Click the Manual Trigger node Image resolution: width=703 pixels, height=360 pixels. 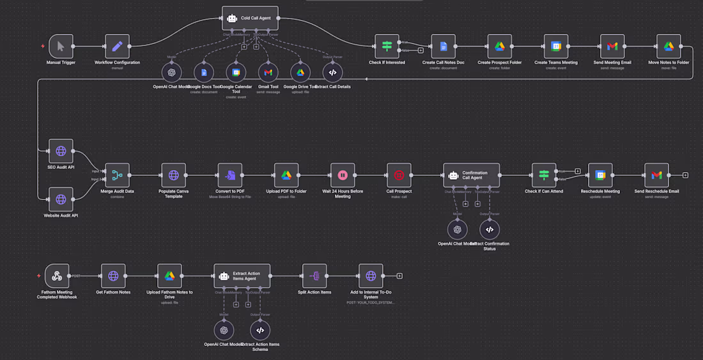(61, 46)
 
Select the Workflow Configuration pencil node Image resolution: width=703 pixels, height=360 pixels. (117, 46)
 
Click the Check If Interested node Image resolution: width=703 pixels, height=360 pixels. (387, 46)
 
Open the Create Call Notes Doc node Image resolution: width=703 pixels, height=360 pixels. (443, 46)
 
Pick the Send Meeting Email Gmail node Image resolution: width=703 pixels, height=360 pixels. (612, 46)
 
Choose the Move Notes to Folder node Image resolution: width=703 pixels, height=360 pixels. (668, 46)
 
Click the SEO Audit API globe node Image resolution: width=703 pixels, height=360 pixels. (61, 151)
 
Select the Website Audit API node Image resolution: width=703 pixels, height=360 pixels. (61, 199)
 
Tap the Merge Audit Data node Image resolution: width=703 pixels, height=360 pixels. (117, 175)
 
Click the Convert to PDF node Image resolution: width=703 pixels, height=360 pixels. (230, 175)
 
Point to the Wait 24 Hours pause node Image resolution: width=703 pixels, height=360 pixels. (343, 175)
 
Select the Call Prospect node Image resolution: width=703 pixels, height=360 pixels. (399, 175)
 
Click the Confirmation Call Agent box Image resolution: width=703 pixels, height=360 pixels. (471, 175)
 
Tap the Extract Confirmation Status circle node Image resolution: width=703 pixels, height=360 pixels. (490, 229)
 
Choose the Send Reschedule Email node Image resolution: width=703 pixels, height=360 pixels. (656, 175)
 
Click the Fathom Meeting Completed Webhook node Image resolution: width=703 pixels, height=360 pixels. (57, 276)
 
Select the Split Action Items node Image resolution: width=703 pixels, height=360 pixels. (314, 276)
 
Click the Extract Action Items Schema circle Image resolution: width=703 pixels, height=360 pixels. (260, 330)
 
